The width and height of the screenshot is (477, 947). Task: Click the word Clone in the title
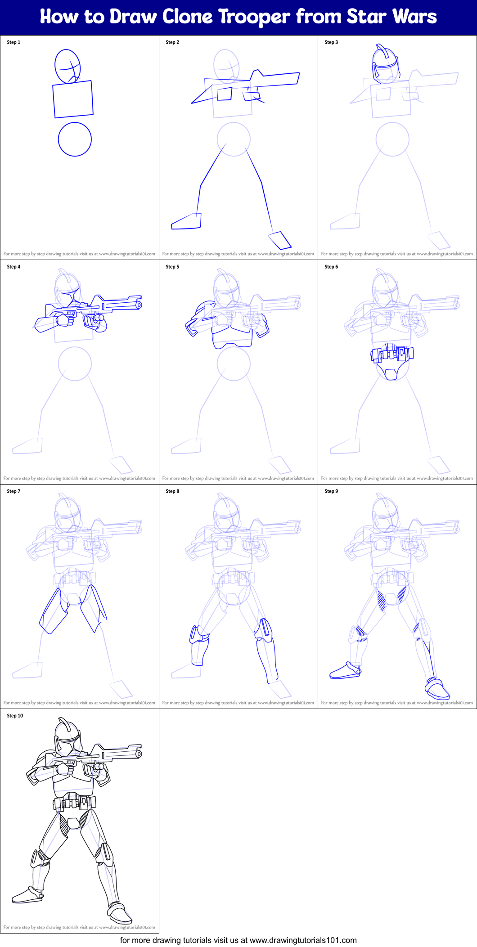coord(187,17)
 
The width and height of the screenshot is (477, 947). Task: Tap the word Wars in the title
coord(414,17)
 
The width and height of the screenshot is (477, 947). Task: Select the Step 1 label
coord(13,42)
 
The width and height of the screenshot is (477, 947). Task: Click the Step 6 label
coord(331,267)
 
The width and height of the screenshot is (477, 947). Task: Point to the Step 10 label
coord(15,716)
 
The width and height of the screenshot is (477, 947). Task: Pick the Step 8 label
coord(172,491)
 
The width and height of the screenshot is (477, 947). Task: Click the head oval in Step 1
coord(68,66)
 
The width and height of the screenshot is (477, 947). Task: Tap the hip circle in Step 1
coord(75,139)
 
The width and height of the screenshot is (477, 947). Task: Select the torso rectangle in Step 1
coord(73,99)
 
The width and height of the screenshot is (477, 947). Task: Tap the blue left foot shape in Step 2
coord(186,221)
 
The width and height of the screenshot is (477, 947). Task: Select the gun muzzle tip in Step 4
coord(139,305)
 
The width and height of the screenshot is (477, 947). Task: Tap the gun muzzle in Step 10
coord(139,754)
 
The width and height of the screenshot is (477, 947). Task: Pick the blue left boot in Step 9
coord(346,670)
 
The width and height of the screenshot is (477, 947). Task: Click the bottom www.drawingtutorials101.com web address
coord(303,940)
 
